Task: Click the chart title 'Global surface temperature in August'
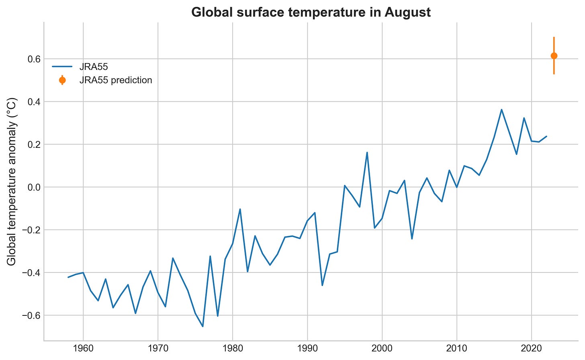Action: point(311,12)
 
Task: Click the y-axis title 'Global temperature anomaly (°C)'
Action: point(12,181)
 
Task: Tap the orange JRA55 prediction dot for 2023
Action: point(554,56)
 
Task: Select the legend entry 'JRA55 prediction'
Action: point(116,80)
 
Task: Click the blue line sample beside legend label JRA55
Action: point(62,67)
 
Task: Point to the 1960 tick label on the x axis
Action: point(83,348)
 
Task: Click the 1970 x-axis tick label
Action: point(158,348)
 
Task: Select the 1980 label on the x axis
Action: point(233,348)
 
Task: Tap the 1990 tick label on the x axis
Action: point(307,348)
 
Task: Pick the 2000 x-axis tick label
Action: point(382,348)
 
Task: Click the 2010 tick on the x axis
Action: point(457,348)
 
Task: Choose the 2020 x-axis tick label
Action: point(532,348)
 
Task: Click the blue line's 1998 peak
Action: point(367,153)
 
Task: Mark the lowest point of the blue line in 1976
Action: point(202,326)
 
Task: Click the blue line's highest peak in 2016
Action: point(501,110)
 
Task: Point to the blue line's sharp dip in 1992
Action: point(322,285)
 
